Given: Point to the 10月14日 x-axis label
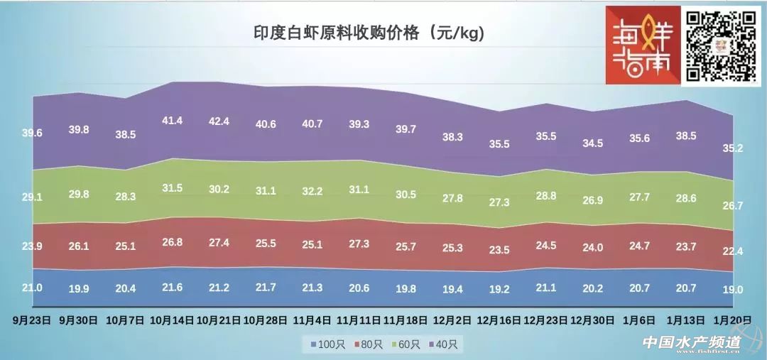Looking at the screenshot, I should pyautogui.click(x=172, y=320).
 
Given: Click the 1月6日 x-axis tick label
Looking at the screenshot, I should pyautogui.click(x=639, y=320).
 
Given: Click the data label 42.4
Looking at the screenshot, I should pyautogui.click(x=217, y=121).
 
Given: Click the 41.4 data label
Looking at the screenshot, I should pyautogui.click(x=172, y=121).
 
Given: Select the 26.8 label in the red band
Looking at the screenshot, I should pyautogui.click(x=172, y=241).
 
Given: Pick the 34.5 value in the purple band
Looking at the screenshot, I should pyautogui.click(x=592, y=143).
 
